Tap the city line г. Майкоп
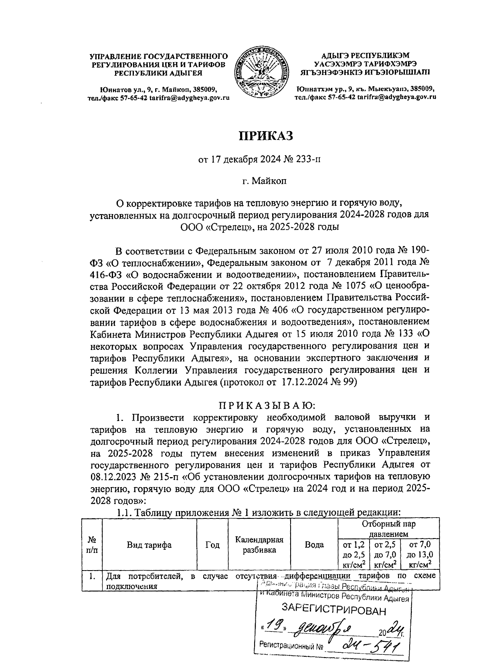[265, 181]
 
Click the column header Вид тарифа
[149, 545]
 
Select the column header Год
[212, 545]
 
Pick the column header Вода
[314, 545]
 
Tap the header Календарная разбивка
[259, 545]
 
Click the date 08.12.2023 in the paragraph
[113, 478]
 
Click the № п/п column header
[92, 545]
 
